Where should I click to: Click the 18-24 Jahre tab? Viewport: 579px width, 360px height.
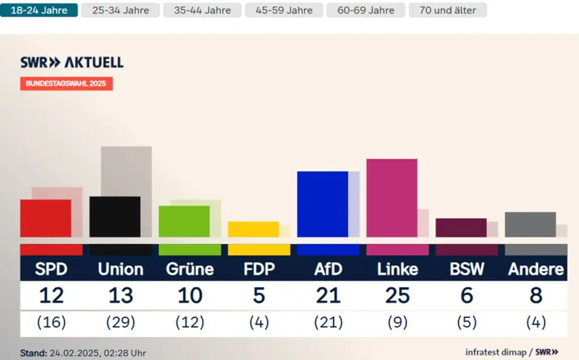pos(39,10)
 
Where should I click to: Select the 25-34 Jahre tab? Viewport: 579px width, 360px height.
pos(120,10)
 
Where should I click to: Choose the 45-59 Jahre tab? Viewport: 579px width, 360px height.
pos(284,10)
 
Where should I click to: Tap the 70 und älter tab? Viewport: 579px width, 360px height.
pos(447,10)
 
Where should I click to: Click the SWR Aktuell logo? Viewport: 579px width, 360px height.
pos(72,63)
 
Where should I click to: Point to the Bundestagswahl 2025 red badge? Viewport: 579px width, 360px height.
pos(66,84)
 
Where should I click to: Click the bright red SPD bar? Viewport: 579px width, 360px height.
pos(45,218)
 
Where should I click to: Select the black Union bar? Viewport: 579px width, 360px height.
pos(115,216)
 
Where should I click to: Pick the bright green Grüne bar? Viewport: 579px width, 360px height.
pos(184,221)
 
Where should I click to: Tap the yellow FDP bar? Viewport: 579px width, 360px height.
pos(253,229)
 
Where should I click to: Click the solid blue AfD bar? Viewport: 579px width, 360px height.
pos(322,204)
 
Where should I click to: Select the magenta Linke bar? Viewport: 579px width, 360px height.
pos(391,198)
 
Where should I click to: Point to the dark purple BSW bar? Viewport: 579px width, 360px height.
pos(461,228)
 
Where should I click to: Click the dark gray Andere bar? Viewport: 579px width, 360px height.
pos(530,224)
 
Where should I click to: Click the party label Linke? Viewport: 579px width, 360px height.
pos(397,269)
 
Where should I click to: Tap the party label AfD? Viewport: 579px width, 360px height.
pos(328,269)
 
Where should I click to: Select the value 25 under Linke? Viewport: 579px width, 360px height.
pos(397,295)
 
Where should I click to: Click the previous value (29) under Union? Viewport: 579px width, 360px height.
pos(120,323)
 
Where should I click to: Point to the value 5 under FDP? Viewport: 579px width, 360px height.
pos(259,295)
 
